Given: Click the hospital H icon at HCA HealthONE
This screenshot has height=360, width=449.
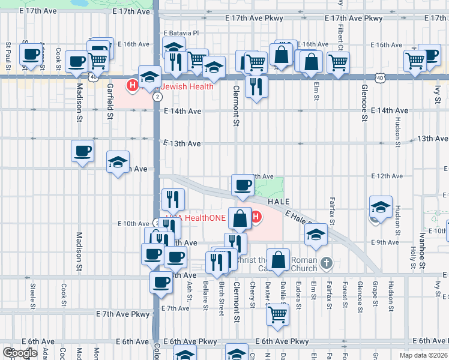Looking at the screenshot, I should (x=256, y=217).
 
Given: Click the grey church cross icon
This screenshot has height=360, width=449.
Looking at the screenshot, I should (x=326, y=262).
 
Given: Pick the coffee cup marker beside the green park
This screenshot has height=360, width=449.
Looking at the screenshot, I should (x=243, y=186).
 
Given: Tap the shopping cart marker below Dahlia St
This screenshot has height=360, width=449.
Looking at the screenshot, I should (x=277, y=314).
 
